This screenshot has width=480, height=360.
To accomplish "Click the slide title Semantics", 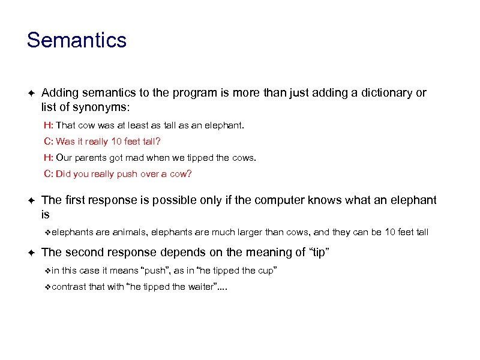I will (x=77, y=40).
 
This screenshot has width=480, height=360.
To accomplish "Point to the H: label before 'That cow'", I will (x=48, y=127).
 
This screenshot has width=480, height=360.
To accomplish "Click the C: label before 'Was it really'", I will (x=48, y=142).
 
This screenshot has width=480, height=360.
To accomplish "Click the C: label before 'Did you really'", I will (x=48, y=174).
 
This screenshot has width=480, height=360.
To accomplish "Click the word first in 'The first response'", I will (x=74, y=200).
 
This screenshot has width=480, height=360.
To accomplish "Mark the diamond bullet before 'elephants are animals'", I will (x=48, y=232).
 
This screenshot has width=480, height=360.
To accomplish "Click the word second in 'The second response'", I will (x=83, y=253).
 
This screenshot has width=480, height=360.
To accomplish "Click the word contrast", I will (x=68, y=287).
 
